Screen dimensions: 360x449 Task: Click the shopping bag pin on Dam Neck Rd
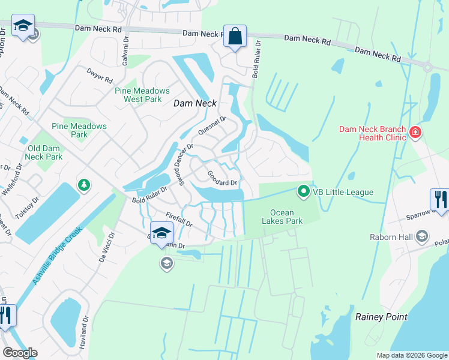[235, 36]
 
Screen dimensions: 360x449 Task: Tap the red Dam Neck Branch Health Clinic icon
[414, 132]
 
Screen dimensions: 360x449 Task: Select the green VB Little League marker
[304, 192]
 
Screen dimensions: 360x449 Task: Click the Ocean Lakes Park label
[286, 217]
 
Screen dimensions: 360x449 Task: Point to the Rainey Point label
[381, 317]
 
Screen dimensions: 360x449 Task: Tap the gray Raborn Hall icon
[422, 236]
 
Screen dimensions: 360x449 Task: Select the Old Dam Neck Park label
[45, 152]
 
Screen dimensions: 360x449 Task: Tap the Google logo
[20, 353]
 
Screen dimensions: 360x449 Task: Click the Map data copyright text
[411, 355]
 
